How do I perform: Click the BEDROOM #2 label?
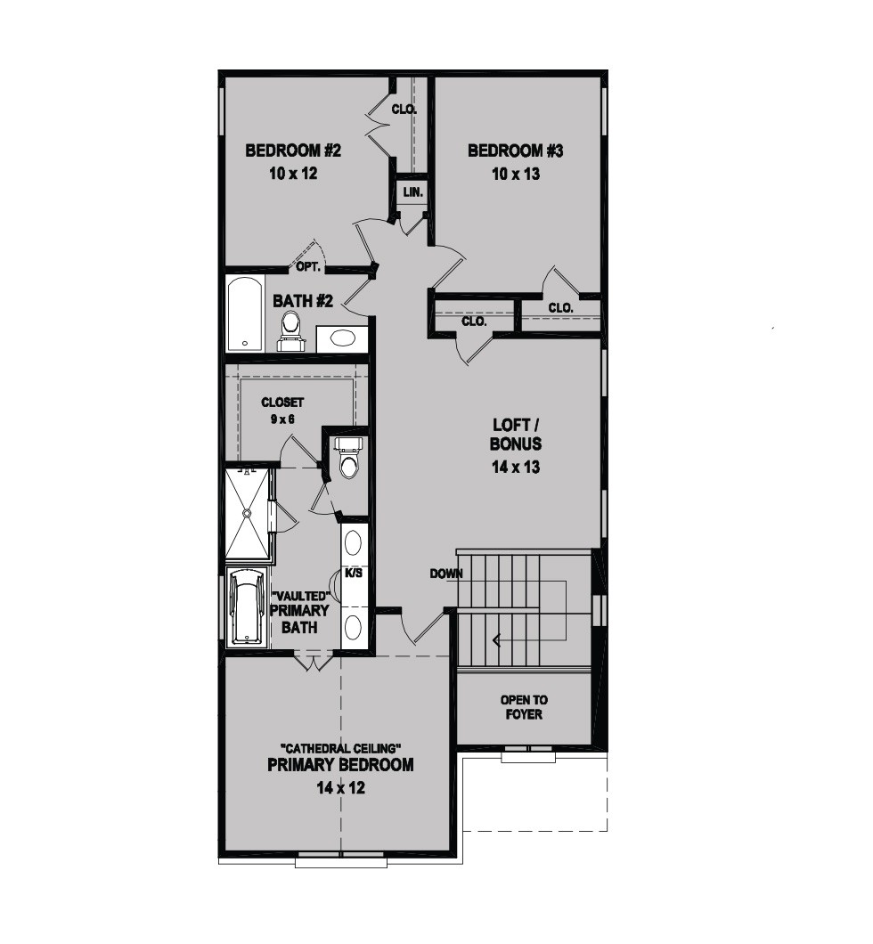292,150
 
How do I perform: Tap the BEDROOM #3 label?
516,151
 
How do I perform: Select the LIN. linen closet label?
413,192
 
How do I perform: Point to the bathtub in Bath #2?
245,313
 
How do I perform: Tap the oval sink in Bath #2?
341,338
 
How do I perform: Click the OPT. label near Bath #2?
309,266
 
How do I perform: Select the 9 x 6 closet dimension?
282,419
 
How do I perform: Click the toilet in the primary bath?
348,458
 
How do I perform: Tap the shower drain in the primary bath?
246,513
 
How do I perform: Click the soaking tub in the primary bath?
246,606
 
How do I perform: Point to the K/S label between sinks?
354,574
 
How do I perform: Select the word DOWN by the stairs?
446,574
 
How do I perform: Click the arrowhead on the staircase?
496,640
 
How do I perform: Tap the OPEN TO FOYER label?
524,707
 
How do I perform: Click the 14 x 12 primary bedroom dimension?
341,787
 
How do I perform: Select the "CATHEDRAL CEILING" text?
341,748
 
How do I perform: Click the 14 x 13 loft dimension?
516,467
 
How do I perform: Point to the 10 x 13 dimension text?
516,174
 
